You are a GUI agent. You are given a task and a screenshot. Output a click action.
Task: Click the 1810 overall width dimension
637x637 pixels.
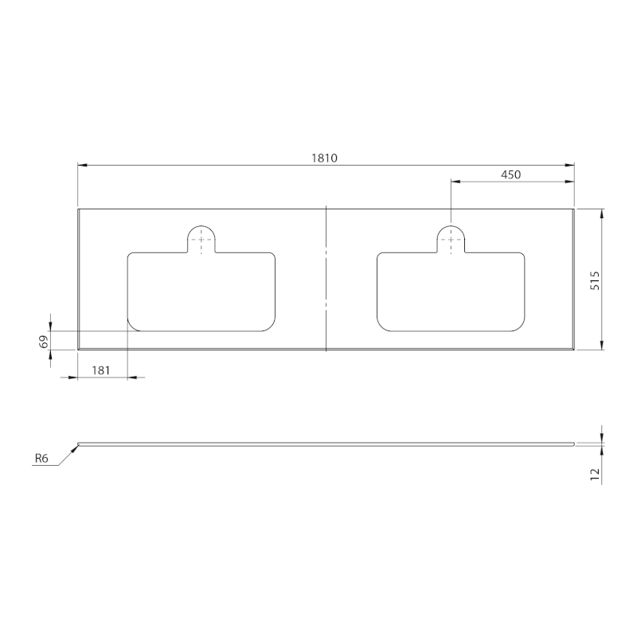tap(324, 158)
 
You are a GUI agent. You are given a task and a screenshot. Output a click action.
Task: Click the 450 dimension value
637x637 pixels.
tap(510, 174)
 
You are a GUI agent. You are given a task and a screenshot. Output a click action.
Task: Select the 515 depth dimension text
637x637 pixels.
tap(594, 280)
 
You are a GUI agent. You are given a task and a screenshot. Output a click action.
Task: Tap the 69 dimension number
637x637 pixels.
tap(44, 342)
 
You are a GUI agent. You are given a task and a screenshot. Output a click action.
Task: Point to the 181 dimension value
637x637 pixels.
tap(101, 370)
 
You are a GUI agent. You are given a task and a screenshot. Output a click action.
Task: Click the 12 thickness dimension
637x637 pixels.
tap(595, 475)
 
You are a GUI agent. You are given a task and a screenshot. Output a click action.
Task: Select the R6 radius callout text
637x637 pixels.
tap(41, 459)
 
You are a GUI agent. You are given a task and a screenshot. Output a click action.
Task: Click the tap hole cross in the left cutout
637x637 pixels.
tap(201, 240)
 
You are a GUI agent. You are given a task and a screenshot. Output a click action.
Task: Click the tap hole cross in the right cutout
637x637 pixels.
tap(451, 240)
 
